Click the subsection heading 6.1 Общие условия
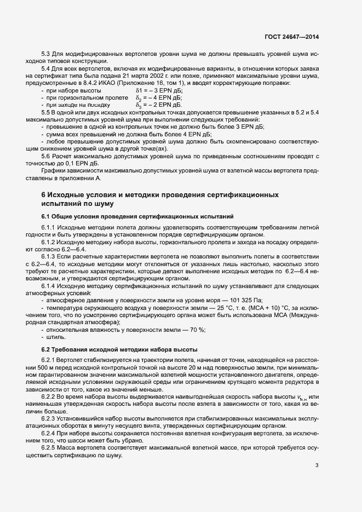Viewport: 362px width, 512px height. click(137, 216)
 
